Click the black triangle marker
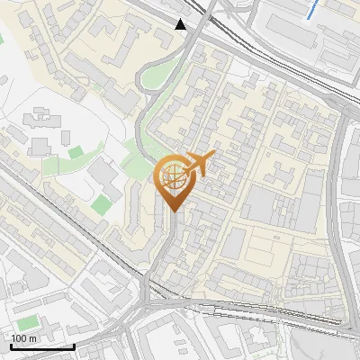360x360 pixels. [182, 24]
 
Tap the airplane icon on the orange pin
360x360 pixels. [198, 164]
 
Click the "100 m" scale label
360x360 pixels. [23, 338]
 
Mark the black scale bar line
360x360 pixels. [41, 346]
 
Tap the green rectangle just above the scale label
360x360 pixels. [28, 321]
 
